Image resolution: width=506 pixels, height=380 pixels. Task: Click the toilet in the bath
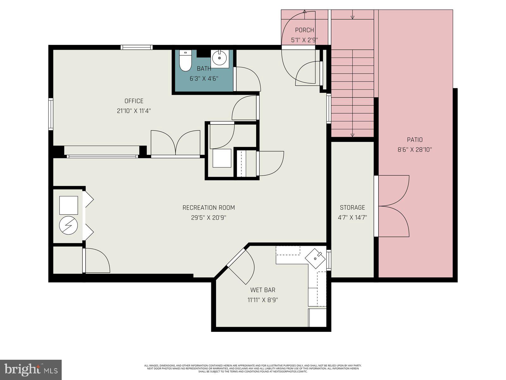[185, 61]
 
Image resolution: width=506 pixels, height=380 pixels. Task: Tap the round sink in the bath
[219, 58]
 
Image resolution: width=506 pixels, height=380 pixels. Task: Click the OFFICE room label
[134, 101]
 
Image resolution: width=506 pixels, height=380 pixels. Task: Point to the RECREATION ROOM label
[208, 208]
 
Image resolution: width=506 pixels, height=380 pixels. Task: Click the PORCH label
[304, 30]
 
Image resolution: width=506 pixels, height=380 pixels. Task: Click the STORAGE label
[352, 207]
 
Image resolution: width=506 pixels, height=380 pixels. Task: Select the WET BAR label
[262, 290]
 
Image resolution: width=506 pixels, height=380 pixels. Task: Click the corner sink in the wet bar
[315, 258]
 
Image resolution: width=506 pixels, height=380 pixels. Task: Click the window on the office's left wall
[51, 114]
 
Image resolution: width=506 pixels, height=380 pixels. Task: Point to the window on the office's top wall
[137, 47]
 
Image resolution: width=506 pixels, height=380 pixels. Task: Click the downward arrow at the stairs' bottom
[352, 135]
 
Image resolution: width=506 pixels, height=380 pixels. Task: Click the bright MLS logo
[31, 370]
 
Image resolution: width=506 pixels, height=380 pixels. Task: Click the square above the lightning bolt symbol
[69, 205]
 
